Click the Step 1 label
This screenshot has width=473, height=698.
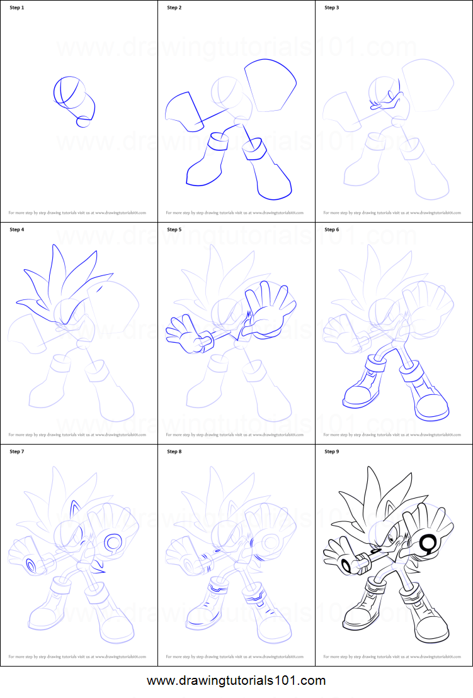17,8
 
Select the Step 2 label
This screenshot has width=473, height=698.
174,8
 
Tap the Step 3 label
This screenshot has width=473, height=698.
332,8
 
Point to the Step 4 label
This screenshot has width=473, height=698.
17,230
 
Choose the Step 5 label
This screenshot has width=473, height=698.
174,230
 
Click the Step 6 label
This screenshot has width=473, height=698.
332,230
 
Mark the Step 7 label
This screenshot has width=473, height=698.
17,451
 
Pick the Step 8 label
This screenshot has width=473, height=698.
174,451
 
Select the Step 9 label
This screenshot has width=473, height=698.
332,451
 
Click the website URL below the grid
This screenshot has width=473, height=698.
236,680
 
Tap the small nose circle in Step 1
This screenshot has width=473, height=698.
82,122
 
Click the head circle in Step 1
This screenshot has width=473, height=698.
67,91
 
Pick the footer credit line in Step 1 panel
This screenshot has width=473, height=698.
77,213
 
